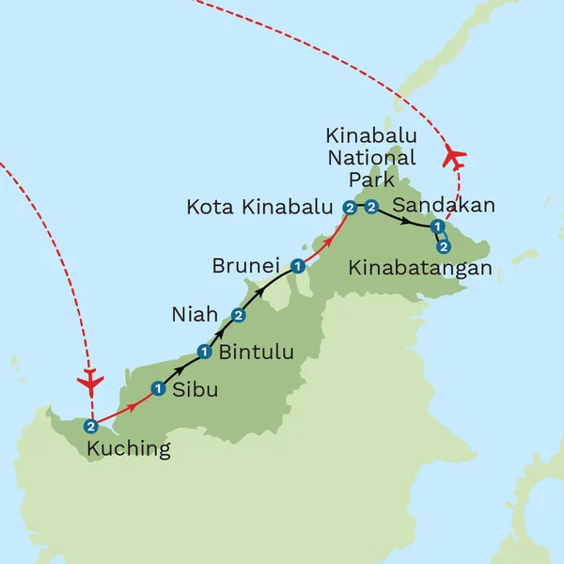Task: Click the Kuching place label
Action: [x=129, y=449]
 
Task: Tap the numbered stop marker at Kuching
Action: [x=90, y=425]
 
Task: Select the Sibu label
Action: [x=196, y=389]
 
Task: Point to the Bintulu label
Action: [x=256, y=353]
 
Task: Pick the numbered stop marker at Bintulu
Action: [x=204, y=352]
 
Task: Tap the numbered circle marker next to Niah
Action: [x=239, y=315]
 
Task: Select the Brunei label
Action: [x=248, y=266]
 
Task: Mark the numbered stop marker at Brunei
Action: [x=297, y=266]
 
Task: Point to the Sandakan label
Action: [x=443, y=205]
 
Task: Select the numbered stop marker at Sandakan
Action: [x=437, y=227]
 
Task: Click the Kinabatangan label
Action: [x=420, y=269]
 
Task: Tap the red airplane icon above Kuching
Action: [x=90, y=383]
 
